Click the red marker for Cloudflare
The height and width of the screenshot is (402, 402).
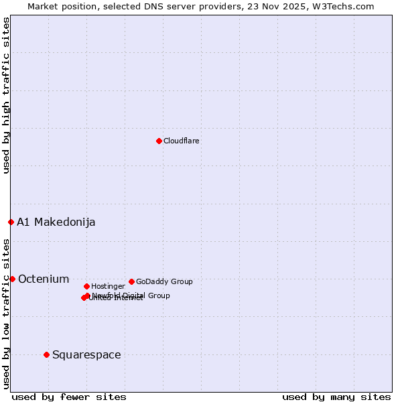[159, 141]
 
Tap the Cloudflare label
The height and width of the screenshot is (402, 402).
[181, 141]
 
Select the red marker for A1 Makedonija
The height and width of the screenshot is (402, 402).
[11, 222]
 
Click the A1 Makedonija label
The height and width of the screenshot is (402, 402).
[56, 222]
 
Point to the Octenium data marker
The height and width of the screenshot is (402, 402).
[12, 279]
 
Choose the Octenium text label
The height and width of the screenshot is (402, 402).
[44, 279]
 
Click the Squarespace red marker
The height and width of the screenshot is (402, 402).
[46, 354]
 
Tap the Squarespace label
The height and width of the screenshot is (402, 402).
[86, 355]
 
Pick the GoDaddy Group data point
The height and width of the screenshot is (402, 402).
[131, 281]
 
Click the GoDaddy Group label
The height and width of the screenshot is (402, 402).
[164, 282]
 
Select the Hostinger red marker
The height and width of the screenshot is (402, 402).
[86, 286]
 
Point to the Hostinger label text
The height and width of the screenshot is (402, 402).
[108, 287]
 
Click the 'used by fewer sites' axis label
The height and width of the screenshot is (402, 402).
[69, 397]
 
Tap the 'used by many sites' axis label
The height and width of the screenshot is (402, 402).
[336, 397]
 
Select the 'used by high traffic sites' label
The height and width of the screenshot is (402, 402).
[7, 95]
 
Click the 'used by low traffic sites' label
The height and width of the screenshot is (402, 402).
[7, 314]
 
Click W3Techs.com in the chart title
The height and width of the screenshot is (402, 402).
[348, 7]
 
